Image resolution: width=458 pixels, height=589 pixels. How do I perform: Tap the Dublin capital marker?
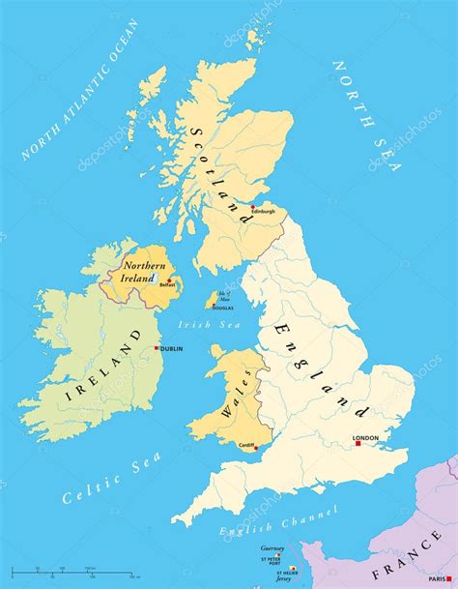[157, 348]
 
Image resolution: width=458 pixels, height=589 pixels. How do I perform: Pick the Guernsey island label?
[272, 548]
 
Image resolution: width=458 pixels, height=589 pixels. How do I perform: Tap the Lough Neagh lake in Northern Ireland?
[152, 278]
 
